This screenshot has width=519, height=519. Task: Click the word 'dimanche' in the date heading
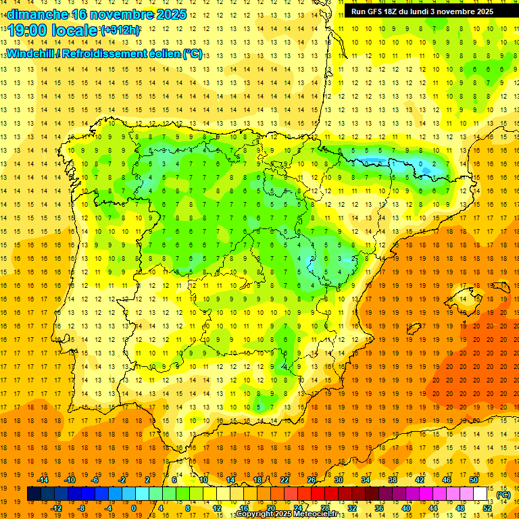36,14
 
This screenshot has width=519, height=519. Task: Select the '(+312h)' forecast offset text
120,30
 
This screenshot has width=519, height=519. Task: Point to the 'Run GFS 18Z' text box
422,11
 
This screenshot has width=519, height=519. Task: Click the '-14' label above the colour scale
42,480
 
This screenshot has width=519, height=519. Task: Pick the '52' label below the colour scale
487,508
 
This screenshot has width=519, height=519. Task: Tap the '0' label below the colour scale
134,508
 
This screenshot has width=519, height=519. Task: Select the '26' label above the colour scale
312,480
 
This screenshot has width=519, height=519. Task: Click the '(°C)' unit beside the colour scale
503,495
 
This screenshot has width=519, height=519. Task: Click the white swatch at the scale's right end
480,494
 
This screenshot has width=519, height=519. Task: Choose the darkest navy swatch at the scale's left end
34,494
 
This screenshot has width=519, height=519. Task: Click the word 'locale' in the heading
76,30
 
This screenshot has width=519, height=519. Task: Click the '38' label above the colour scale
392,480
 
